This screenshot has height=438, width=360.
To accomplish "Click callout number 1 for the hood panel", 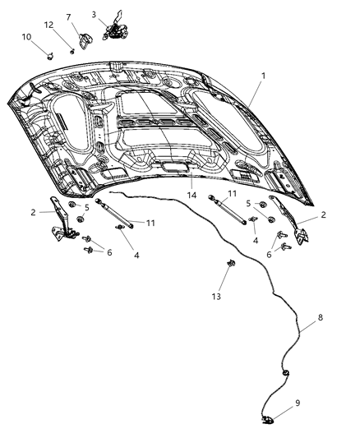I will tap(262, 75).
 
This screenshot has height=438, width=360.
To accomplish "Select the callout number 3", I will tap(95, 14).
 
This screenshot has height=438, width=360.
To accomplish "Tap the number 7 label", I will tap(68, 17).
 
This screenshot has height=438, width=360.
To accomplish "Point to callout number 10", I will tap(26, 37).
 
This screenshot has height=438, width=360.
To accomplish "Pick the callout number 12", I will tap(49, 25).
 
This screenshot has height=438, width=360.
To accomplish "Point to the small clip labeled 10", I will tap(51, 58).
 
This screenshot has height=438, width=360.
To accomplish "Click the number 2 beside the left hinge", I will tap(33, 212).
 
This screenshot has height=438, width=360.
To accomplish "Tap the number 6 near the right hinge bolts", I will tap(268, 255).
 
